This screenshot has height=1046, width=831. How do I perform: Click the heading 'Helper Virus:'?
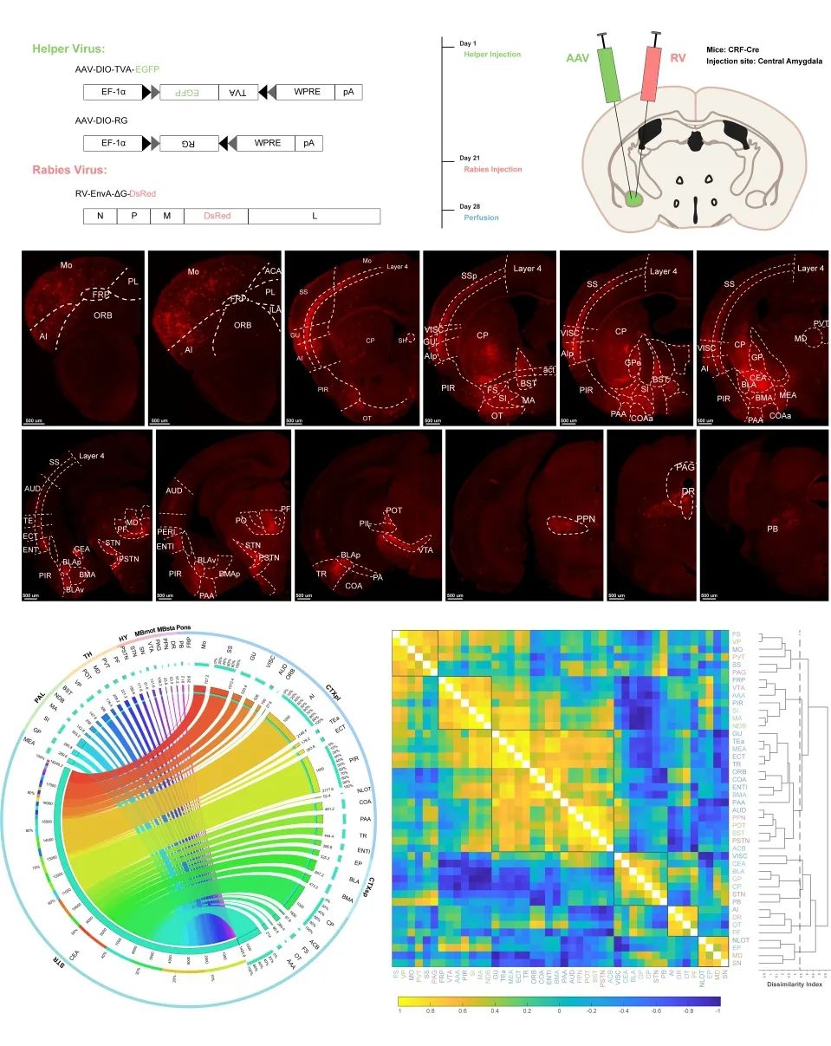point(68,49)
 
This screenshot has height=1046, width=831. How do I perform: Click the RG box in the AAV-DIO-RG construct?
point(182,143)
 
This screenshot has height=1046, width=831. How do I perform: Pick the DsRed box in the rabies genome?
point(216,216)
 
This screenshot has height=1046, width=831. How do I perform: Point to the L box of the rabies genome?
point(313,216)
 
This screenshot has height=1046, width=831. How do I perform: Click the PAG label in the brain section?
point(685,468)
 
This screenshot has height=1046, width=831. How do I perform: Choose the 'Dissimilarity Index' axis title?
point(793,983)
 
